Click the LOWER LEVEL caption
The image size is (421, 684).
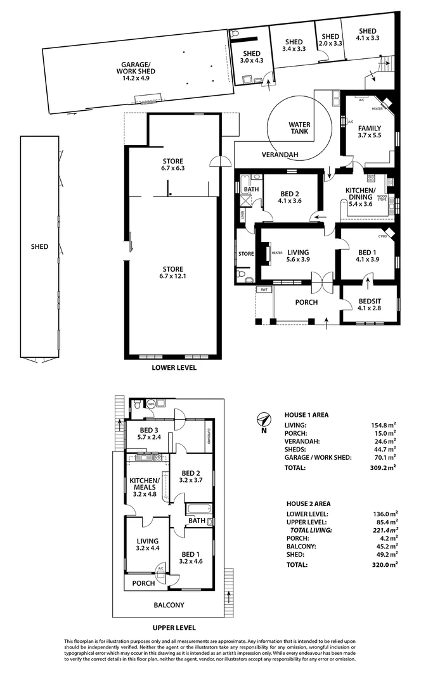[x=174, y=367]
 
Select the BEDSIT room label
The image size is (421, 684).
[x=370, y=301]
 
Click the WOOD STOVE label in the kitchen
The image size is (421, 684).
[x=382, y=198]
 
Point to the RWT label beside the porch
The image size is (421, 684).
[x=262, y=289]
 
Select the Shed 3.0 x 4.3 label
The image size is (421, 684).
[x=252, y=57]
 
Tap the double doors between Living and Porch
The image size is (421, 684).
[x=321, y=281]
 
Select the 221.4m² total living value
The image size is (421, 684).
[x=384, y=529]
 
